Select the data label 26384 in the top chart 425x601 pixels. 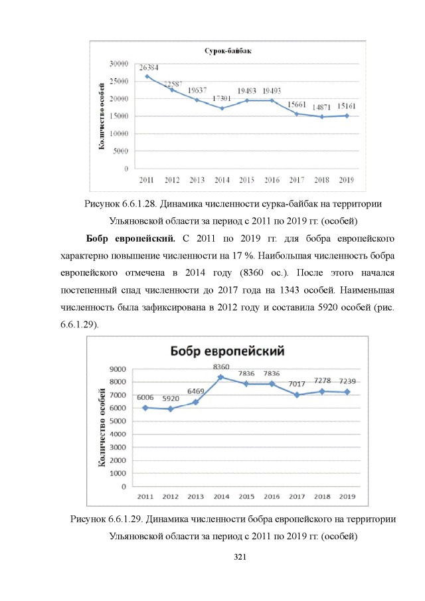(x=149, y=67)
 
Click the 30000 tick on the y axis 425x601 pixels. (x=119, y=64)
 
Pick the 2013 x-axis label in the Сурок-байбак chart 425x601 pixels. (x=197, y=180)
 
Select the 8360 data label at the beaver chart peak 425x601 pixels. (x=221, y=367)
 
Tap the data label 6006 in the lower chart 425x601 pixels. (x=145, y=397)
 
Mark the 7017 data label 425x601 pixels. (x=297, y=384)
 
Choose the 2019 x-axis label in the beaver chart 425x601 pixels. (x=347, y=496)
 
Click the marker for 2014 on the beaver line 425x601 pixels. (x=221, y=377)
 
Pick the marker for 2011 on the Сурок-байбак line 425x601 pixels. (x=147, y=76)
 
